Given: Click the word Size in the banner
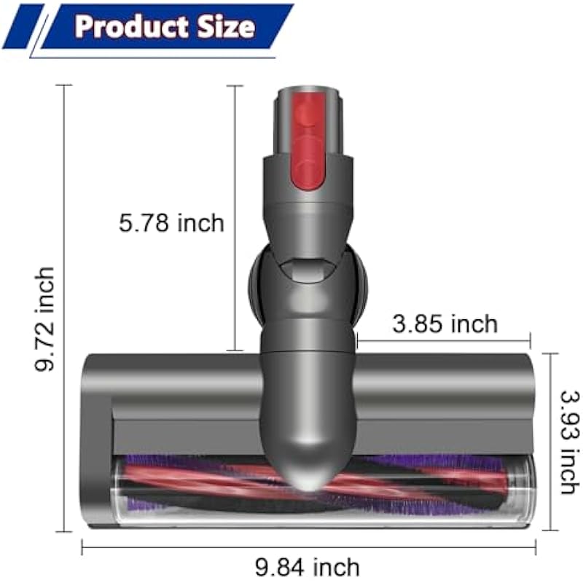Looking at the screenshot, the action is tap(227, 26).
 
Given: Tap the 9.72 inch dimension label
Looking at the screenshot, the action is tap(44, 319).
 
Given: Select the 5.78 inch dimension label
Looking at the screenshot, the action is tap(171, 223).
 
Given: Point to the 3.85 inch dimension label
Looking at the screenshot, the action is tap(445, 324).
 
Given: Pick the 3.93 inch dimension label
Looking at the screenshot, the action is tap(570, 442).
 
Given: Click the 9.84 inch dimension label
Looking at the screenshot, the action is tap(308, 567).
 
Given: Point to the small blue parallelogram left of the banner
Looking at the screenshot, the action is tap(23, 26).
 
